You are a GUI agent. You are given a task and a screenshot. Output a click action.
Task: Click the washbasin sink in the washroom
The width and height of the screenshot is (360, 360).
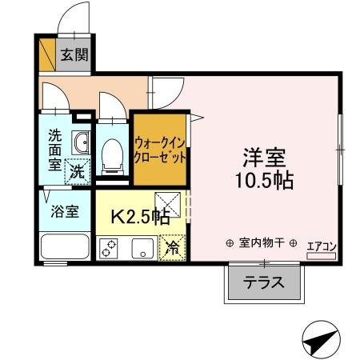point(79,144)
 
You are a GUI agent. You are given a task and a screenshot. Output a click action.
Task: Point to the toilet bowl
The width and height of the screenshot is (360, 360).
point(112,154)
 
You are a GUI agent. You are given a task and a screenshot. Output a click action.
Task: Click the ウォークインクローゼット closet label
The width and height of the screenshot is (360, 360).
point(160,149)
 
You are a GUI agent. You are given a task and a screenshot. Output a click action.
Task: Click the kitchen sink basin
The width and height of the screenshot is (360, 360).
point(142,248)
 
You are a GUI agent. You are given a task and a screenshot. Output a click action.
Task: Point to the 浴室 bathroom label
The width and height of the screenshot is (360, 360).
point(64,213)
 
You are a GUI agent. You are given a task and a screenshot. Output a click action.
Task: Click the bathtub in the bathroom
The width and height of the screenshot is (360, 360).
point(64,248)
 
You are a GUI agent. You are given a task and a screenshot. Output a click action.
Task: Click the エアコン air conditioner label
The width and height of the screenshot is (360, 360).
point(322,248)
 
